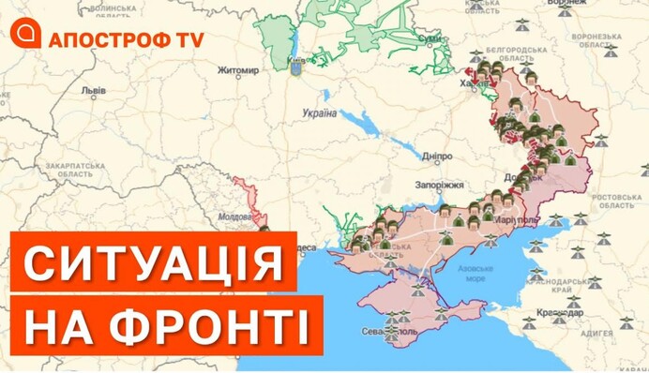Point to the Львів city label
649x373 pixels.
[x=94, y=92]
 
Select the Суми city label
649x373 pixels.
[x=431, y=40]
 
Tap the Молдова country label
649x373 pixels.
[x=232, y=215]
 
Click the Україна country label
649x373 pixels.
[x=319, y=112]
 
